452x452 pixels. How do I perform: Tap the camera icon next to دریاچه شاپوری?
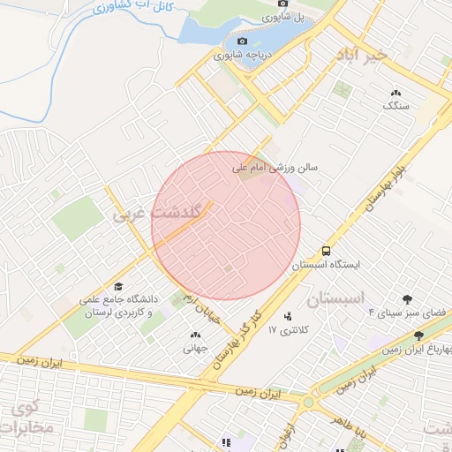(x=242, y=41)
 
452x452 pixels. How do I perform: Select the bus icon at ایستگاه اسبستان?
(x=327, y=251)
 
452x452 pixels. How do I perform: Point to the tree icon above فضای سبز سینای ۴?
(x=407, y=300)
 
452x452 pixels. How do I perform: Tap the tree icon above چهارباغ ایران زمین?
(x=418, y=336)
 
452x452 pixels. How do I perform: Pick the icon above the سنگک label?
(x=395, y=92)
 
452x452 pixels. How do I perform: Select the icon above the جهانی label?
(x=195, y=335)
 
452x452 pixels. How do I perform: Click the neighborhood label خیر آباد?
(x=361, y=55)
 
